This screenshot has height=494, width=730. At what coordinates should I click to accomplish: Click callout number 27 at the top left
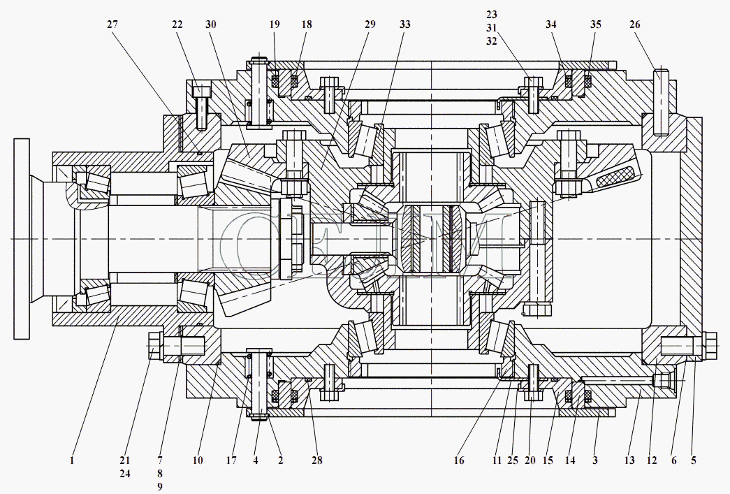[112, 24]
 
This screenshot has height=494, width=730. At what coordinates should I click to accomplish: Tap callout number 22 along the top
[177, 24]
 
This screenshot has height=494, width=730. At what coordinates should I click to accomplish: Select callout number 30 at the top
[211, 24]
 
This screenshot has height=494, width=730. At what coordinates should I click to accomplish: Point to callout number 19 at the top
[275, 24]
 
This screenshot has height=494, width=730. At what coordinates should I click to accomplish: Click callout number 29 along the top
[370, 24]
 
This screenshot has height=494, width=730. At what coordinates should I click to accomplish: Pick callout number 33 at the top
[405, 24]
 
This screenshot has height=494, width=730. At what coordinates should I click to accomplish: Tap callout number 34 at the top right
[551, 24]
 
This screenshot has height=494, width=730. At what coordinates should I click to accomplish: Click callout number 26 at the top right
[635, 24]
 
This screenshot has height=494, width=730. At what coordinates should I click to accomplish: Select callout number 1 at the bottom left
[72, 460]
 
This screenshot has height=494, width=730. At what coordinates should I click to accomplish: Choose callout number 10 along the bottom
[198, 460]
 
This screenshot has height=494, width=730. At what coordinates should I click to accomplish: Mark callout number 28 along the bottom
[317, 460]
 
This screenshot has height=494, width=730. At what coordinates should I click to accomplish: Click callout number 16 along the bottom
[459, 460]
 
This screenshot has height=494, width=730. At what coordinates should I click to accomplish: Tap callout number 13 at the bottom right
[629, 460]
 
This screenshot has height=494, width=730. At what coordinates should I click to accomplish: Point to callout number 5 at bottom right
[694, 460]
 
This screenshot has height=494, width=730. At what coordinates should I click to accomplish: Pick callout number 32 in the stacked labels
[492, 41]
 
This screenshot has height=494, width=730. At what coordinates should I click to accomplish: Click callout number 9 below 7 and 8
[160, 486]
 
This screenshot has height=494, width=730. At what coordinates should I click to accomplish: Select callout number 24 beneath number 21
[125, 474]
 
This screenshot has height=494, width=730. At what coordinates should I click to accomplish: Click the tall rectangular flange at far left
[22, 239]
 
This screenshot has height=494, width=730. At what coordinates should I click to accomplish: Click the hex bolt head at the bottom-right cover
[707, 345]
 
